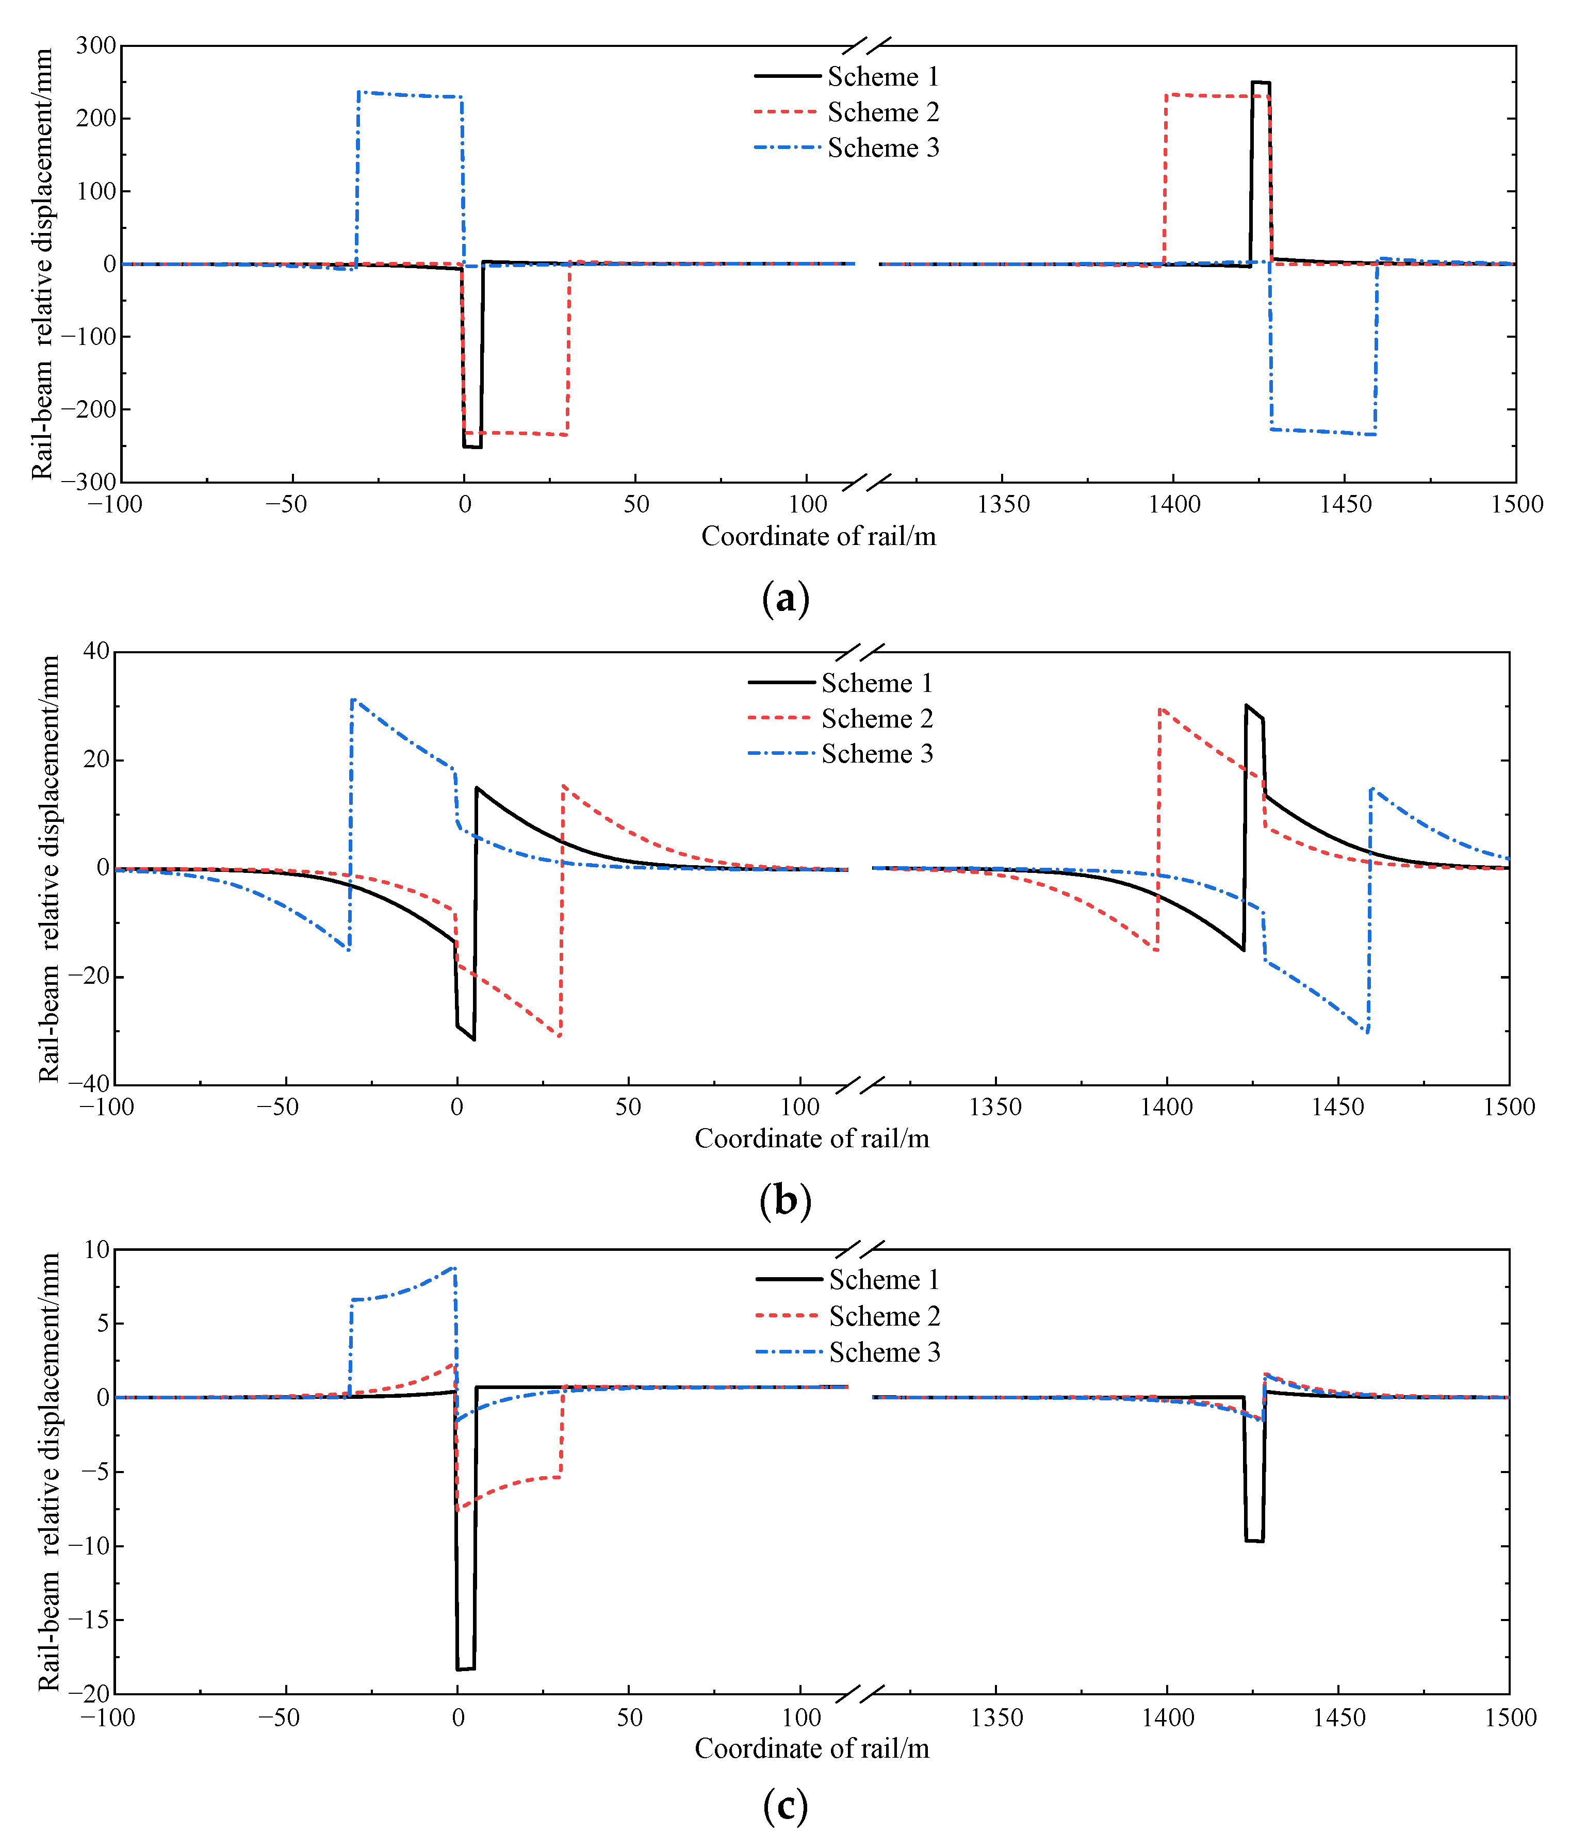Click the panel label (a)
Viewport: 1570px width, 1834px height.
coord(784,599)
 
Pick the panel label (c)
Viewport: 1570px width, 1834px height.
coord(784,1806)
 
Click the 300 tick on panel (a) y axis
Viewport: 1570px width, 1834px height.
coord(95,46)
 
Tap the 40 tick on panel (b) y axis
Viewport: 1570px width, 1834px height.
coord(95,651)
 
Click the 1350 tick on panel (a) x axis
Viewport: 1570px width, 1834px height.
coord(1003,505)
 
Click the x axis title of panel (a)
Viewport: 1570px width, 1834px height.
coord(818,536)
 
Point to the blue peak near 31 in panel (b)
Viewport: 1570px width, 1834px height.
coord(353,700)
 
